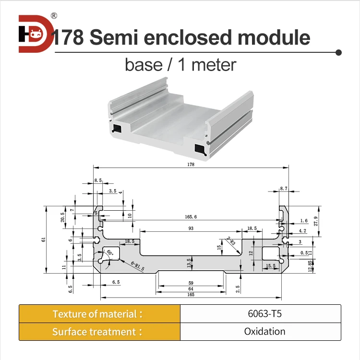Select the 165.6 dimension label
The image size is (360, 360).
(190, 217)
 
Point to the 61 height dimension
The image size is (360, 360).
(43, 240)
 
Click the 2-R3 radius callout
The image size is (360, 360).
(229, 242)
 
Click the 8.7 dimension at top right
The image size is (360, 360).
(284, 189)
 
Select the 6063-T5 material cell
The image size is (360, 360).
(260, 314)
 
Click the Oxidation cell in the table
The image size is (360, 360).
(260, 332)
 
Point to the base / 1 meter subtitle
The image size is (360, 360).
(180, 64)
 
